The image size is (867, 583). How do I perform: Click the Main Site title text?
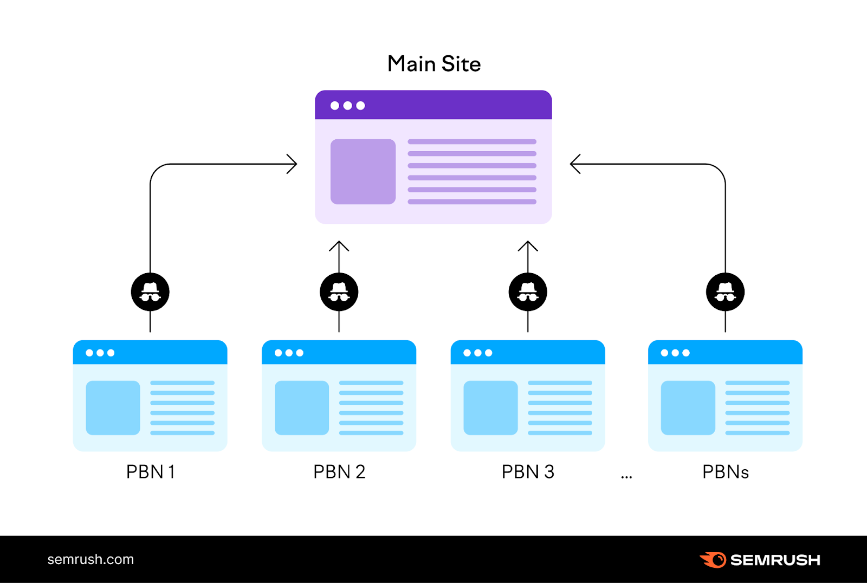point(434,64)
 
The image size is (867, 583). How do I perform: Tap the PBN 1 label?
point(150,472)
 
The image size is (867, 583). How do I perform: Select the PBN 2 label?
point(339,472)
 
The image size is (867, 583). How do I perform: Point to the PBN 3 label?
point(528,472)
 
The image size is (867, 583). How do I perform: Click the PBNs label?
point(725,472)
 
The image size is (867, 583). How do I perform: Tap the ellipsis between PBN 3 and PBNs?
point(626,477)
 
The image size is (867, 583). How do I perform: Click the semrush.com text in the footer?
point(90,559)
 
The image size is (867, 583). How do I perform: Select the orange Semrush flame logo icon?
point(714,559)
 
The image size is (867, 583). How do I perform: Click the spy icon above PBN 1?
point(150,292)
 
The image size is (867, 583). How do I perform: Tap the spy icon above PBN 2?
point(339,292)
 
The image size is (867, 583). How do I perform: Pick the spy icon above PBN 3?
point(528,292)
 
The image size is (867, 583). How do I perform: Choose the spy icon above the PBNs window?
point(725,292)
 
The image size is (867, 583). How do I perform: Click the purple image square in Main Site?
point(363,172)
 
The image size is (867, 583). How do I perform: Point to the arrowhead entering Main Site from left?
point(293,164)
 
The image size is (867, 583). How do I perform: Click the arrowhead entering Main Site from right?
point(575,164)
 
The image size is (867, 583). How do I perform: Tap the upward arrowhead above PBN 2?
point(339,245)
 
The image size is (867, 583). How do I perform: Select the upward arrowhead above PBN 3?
point(528,245)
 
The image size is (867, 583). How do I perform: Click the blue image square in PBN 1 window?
point(113,408)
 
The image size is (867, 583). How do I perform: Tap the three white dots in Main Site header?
point(347,106)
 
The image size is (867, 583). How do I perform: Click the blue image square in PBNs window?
point(688,408)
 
